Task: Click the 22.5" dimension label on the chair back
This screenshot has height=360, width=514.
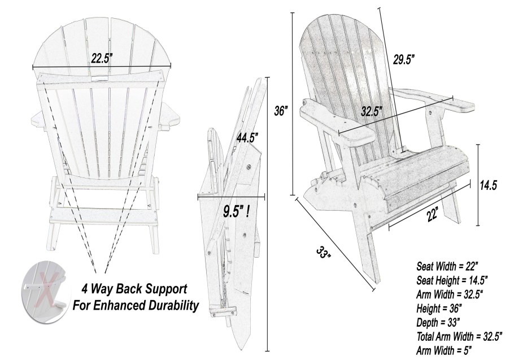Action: click(x=102, y=57)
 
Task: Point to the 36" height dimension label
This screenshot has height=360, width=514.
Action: click(x=281, y=111)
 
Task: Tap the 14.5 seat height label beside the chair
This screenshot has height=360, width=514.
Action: click(x=489, y=185)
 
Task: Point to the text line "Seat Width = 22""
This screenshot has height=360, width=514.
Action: click(x=448, y=265)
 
